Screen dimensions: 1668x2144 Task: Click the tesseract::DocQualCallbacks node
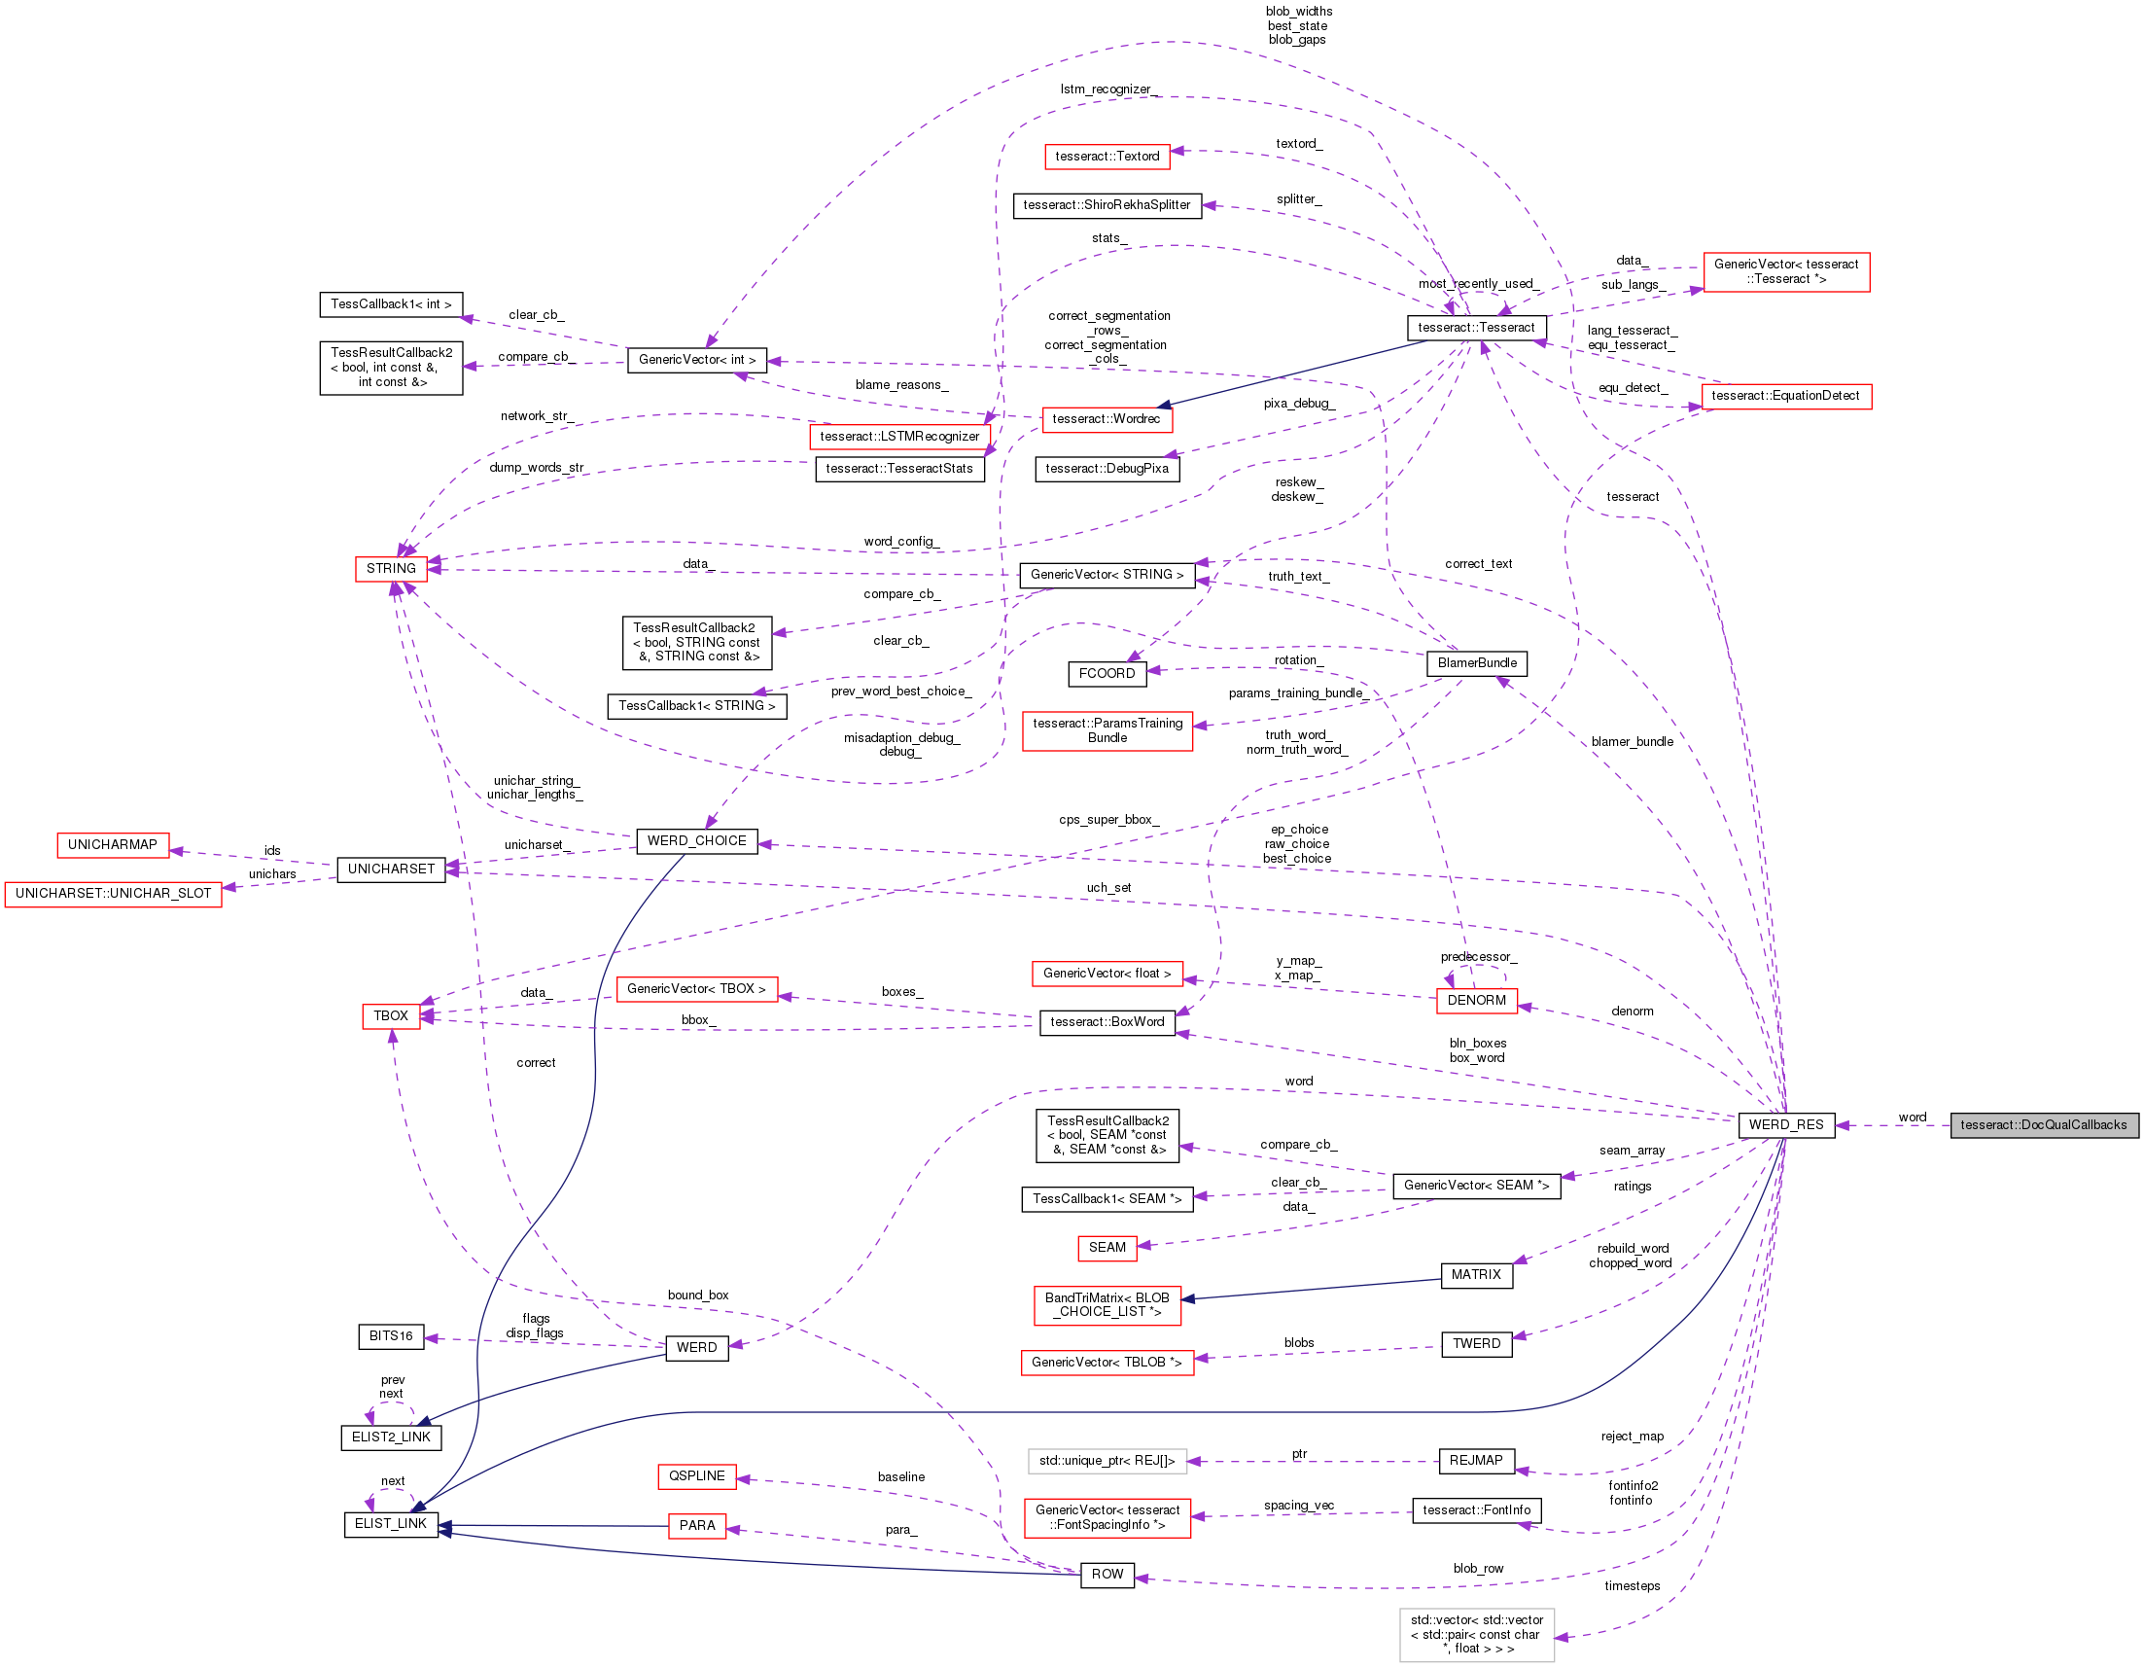click(2043, 1125)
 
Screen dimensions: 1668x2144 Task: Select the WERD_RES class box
click(1784, 1125)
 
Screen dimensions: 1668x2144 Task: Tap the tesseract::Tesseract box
click(1475, 328)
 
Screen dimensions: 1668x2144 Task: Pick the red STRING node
click(391, 568)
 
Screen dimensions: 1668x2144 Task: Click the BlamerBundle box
click(1476, 663)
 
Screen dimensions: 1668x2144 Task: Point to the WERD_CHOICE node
click(696, 841)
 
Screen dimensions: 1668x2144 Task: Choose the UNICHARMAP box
click(112, 845)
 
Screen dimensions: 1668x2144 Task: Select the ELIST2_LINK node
click(391, 1437)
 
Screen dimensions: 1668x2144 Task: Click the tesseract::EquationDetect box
click(1784, 397)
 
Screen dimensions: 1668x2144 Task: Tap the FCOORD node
click(1107, 673)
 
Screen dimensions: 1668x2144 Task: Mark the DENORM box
click(1475, 1001)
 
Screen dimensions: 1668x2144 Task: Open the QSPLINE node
click(696, 1476)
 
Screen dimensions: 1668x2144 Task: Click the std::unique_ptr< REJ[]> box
click(1107, 1461)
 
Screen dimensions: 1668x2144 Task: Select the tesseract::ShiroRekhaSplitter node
click(1107, 205)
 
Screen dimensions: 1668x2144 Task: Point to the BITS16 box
click(391, 1336)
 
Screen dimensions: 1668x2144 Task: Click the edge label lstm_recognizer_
click(1108, 89)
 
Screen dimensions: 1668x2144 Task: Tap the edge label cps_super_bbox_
click(1108, 820)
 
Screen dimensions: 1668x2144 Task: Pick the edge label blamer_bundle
click(1632, 742)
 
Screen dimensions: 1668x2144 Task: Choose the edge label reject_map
click(1632, 1437)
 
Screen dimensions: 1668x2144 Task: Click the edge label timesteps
click(1632, 1586)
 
